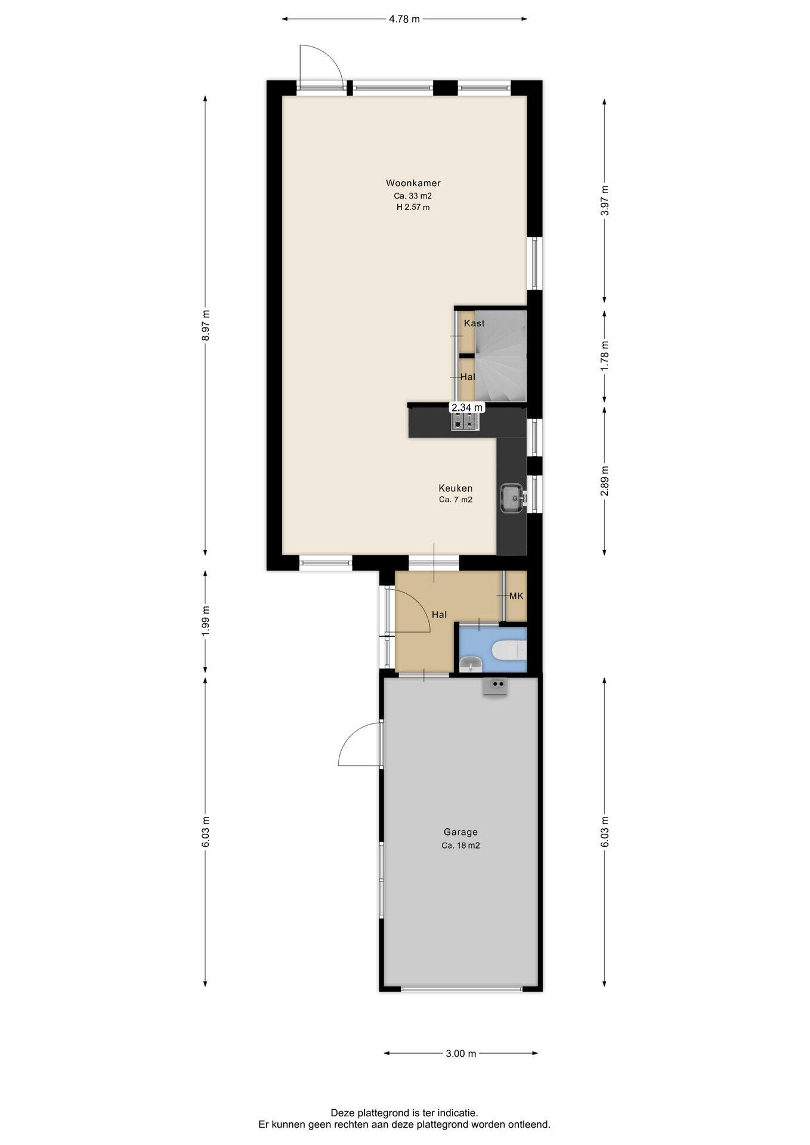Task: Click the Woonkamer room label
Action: pyautogui.click(x=413, y=183)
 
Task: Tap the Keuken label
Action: pyautogui.click(x=456, y=488)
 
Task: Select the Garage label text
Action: pyautogui.click(x=460, y=832)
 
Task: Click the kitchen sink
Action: pyautogui.click(x=512, y=497)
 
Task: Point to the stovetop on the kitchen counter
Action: pyautogui.click(x=466, y=422)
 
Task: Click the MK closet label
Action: pyautogui.click(x=516, y=596)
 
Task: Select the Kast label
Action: pyautogui.click(x=474, y=323)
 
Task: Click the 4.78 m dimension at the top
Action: pyautogui.click(x=404, y=19)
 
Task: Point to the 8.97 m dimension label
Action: pyautogui.click(x=206, y=325)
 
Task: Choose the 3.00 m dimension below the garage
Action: pyautogui.click(x=461, y=1054)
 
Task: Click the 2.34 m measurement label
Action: pyautogui.click(x=466, y=407)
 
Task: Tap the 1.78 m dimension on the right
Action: pyautogui.click(x=605, y=356)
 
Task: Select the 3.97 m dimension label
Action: pyautogui.click(x=605, y=202)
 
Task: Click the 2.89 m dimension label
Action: pyautogui.click(x=605, y=481)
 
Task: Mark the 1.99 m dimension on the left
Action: pyautogui.click(x=206, y=621)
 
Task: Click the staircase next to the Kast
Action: pyautogui.click(x=501, y=355)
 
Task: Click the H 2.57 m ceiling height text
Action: pyautogui.click(x=413, y=208)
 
